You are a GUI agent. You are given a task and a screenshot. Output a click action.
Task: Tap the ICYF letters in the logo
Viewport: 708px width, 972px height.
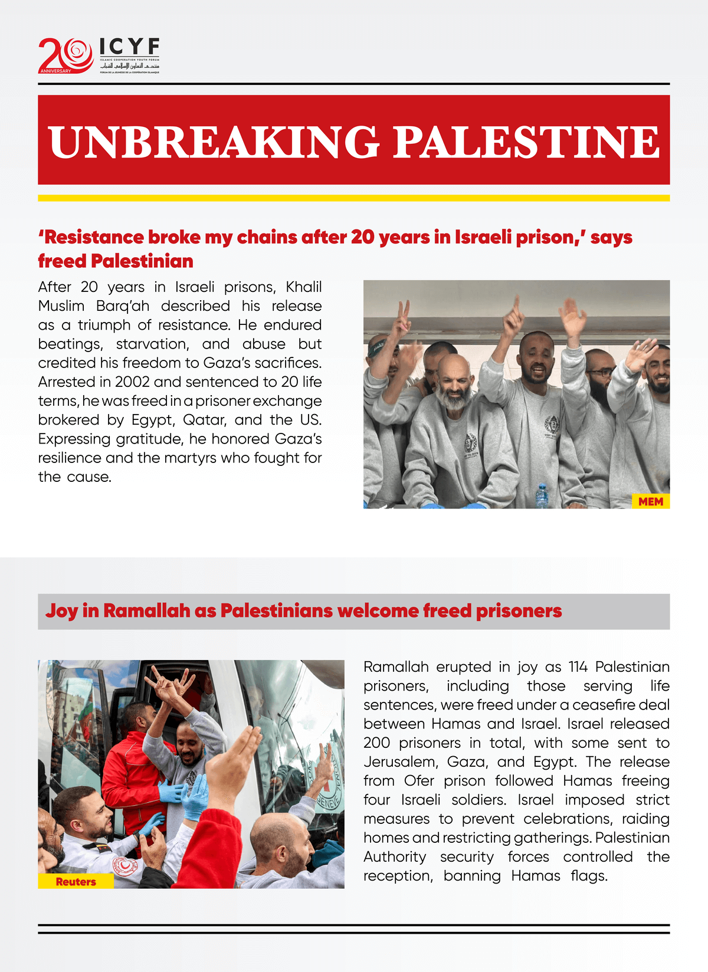tap(129, 47)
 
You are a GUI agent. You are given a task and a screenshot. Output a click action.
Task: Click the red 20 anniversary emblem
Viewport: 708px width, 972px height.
tap(65, 55)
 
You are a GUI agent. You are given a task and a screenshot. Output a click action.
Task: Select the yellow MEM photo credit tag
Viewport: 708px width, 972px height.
tap(651, 501)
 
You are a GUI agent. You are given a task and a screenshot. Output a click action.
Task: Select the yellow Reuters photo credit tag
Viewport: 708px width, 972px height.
tap(76, 882)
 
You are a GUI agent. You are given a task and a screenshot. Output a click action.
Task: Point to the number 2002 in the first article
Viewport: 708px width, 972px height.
tap(132, 382)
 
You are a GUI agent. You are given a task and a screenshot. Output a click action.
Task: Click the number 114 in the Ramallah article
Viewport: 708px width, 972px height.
tap(578, 667)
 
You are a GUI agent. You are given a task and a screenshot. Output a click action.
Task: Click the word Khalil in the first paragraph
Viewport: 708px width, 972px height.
tap(304, 287)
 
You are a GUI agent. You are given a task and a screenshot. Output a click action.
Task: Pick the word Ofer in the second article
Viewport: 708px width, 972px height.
tap(419, 781)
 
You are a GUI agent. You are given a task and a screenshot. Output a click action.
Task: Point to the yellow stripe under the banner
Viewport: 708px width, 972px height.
tap(354, 198)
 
